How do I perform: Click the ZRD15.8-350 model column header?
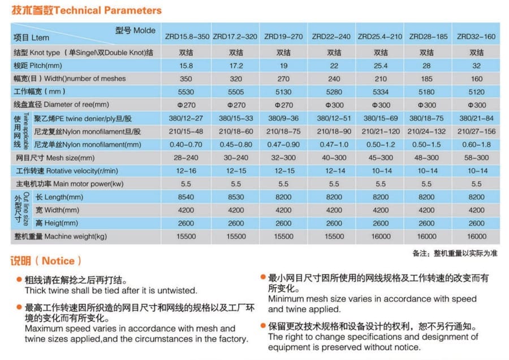tap(187, 37)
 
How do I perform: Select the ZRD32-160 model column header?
tap(476, 37)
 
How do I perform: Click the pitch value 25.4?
tap(379, 65)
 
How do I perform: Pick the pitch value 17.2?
tap(236, 65)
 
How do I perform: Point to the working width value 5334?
tap(379, 92)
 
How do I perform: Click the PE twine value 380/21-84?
tap(476, 118)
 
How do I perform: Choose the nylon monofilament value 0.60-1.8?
tap(476, 144)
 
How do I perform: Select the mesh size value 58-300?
tap(476, 157)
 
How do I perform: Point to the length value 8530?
tap(236, 197)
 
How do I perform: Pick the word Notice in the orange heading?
tap(58, 261)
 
